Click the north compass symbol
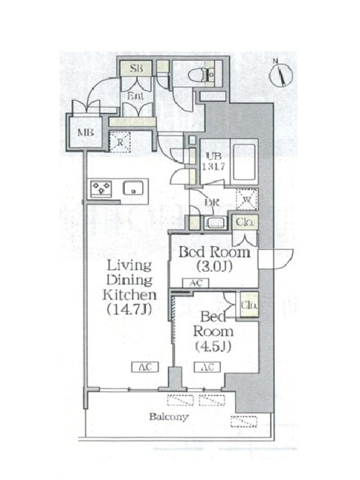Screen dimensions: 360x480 tap(281, 74)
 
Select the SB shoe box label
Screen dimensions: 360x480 tap(136, 68)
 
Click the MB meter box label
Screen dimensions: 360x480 tap(85, 132)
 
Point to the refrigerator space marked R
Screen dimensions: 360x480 tap(120, 142)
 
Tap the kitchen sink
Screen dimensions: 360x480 tap(133, 188)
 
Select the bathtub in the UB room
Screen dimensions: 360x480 tap(244, 162)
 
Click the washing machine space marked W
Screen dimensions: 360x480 tap(247, 200)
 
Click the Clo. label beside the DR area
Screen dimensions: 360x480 tap(245, 222)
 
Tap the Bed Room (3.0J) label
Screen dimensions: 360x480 tap(214, 259)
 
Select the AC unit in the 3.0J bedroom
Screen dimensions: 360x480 tap(196, 283)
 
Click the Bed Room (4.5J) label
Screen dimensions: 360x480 tap(213, 332)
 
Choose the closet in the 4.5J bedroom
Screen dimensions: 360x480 tap(249, 305)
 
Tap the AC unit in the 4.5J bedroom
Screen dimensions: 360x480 tap(207, 367)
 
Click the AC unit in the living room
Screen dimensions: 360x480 tap(145, 367)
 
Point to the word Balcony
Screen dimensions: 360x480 tap(169, 417)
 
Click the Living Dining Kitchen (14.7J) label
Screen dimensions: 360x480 tap(129, 287)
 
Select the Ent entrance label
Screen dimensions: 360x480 tap(136, 96)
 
